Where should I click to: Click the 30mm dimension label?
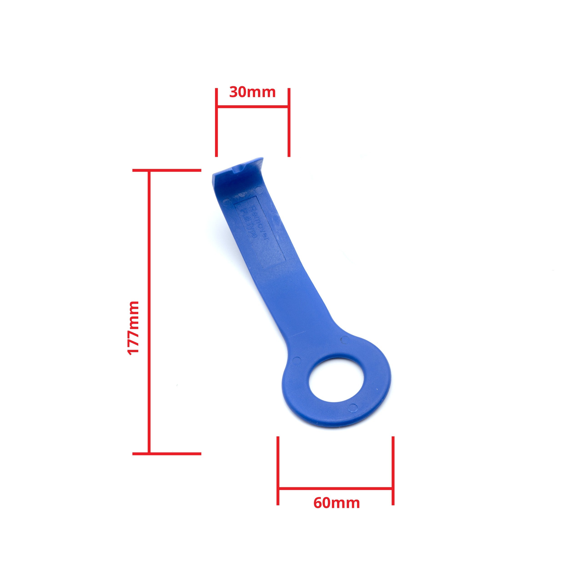252,92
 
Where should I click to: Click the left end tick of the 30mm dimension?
216,122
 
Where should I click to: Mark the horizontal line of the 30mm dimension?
252,106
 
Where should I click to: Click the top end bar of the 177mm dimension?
167,171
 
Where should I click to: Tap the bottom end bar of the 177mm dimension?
167,462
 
